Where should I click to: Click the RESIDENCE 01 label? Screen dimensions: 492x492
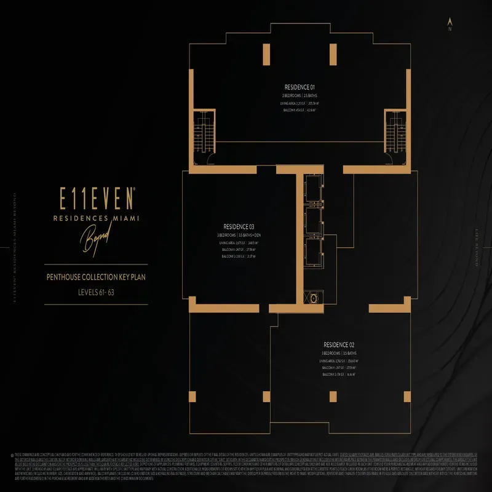point(300,87)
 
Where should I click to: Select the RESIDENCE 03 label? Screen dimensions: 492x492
point(239,227)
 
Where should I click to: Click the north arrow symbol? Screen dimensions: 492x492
point(450,23)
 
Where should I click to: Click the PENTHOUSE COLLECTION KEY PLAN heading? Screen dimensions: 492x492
point(95,277)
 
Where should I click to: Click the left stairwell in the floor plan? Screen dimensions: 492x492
point(201,132)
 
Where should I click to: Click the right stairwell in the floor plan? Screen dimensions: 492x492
point(393,132)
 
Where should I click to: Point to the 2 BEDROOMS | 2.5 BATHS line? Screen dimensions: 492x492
point(300,96)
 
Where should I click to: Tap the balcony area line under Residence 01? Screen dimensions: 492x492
point(300,111)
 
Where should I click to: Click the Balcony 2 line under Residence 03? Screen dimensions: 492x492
point(239,257)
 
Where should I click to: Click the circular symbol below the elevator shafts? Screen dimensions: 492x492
point(314,298)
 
